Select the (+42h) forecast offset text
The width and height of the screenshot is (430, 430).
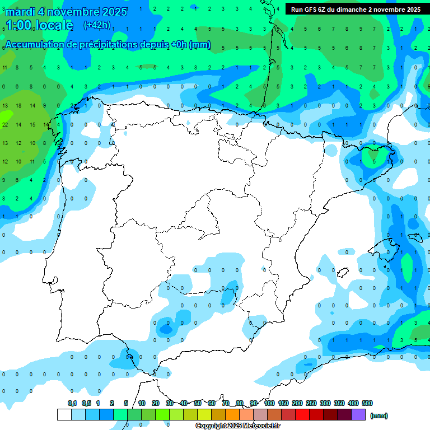(97, 25)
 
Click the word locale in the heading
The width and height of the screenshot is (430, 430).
(54, 25)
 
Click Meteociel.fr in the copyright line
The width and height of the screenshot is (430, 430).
(258, 426)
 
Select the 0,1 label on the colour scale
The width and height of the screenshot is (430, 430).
(72, 403)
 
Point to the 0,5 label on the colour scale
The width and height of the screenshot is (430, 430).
(86, 403)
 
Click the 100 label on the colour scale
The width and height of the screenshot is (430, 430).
(269, 403)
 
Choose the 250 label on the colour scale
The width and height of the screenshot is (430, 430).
(311, 403)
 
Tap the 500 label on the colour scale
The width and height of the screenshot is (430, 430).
(367, 403)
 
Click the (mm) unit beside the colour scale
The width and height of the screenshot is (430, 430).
(379, 415)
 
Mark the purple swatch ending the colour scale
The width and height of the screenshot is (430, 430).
(358, 414)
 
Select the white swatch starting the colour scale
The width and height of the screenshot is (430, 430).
(64, 414)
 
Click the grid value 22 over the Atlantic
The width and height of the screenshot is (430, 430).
(5, 124)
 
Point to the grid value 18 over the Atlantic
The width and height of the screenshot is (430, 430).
(18, 105)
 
